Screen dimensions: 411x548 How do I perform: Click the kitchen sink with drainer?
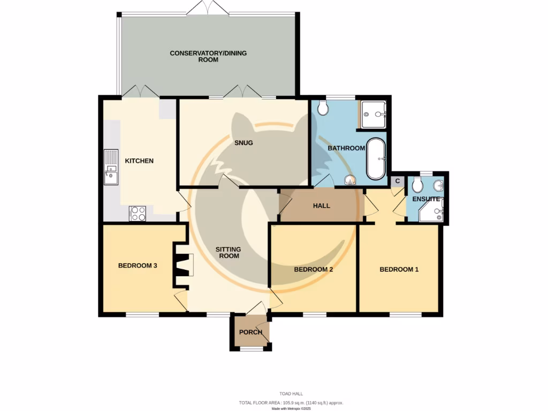tap(111, 166)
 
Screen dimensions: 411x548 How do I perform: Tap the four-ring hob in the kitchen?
tap(138, 214)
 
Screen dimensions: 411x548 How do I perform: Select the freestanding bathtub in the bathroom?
tap(376, 159)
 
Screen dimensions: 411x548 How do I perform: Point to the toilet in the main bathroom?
tap(322, 109)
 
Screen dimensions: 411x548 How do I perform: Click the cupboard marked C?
tap(398, 181)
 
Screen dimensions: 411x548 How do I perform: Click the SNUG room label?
tap(243, 143)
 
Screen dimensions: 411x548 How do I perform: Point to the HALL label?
tap(321, 205)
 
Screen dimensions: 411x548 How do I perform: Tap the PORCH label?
tap(250, 332)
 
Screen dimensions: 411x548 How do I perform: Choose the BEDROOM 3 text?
tap(137, 265)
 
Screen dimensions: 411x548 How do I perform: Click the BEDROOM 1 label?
tap(399, 269)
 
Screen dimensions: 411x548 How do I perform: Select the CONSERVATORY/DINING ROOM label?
tap(208, 56)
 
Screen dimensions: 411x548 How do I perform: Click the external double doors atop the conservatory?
tap(208, 9)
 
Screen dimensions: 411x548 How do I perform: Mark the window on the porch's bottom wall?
tap(251, 349)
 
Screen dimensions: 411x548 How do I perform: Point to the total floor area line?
tap(291, 402)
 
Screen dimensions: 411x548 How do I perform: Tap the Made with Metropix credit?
tap(291, 408)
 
